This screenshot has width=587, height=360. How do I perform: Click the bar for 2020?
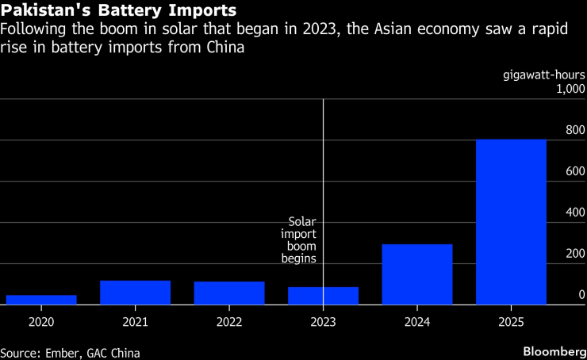(41, 300)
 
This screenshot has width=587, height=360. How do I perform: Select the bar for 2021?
(135, 293)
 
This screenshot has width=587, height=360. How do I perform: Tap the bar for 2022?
(229, 293)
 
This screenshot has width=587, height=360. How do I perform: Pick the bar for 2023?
(323, 296)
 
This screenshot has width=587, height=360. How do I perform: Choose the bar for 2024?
(417, 274)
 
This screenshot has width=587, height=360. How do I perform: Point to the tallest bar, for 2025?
(511, 222)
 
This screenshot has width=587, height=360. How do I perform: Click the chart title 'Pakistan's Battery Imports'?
(118, 11)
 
